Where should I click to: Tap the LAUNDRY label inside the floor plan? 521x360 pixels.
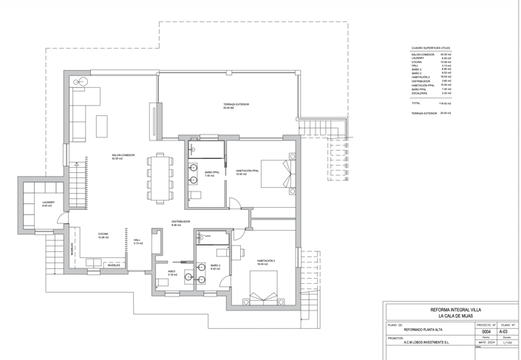tap(48, 203)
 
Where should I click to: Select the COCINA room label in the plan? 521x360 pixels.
tap(103, 234)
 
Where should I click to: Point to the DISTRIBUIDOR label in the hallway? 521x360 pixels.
tap(182, 221)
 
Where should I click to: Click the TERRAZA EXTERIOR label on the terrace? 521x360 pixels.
tap(236, 106)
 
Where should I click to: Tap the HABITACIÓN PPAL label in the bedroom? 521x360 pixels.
tap(246, 171)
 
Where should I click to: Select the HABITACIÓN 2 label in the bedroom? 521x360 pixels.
tap(266, 261)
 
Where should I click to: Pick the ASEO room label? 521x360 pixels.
tap(171, 272)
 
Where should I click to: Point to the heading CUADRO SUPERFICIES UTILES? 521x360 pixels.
tap(431, 47)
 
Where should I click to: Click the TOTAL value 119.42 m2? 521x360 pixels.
tap(446, 103)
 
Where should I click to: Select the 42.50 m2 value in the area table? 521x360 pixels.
tap(446, 54)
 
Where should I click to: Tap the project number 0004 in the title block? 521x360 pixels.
tap(485, 332)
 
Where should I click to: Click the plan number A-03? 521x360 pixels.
tap(507, 332)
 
